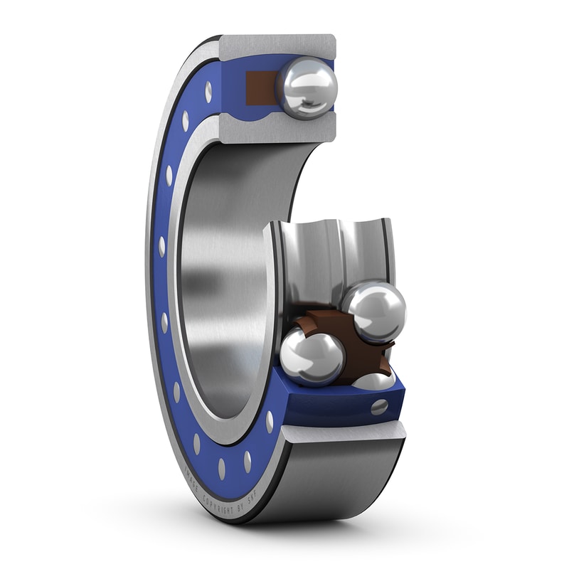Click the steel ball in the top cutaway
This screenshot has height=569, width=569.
(x=307, y=87)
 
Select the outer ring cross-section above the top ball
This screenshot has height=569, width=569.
(x=277, y=46)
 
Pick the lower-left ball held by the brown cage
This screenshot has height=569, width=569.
(x=312, y=356)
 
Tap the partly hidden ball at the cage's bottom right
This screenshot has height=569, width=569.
(x=374, y=382)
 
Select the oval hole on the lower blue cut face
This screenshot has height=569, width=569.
(x=380, y=407)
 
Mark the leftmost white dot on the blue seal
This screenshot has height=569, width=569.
(x=162, y=246)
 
